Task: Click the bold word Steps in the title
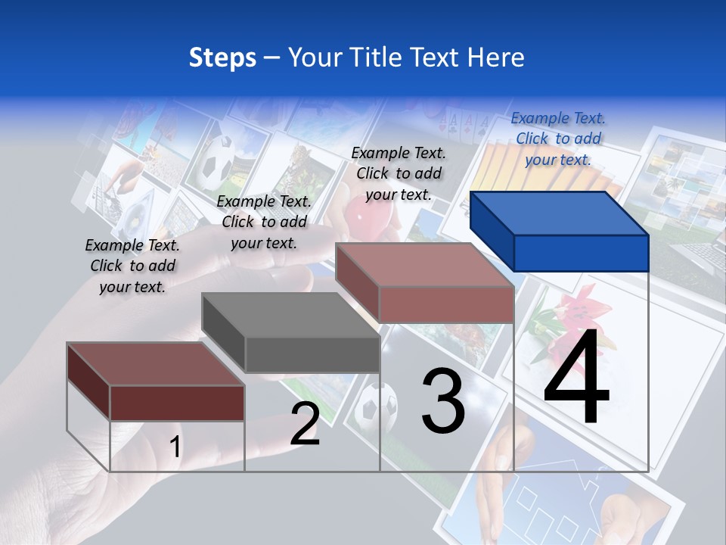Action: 222,58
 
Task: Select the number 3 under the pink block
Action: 443,401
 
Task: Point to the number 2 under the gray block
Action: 305,424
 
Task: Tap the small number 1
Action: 175,447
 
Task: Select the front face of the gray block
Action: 312,354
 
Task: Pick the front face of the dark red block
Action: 177,402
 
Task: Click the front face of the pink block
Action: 446,304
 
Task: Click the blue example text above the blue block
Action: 558,139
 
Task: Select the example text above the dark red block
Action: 132,266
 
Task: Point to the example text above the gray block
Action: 264,222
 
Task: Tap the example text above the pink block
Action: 399,173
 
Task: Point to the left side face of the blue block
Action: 492,231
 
